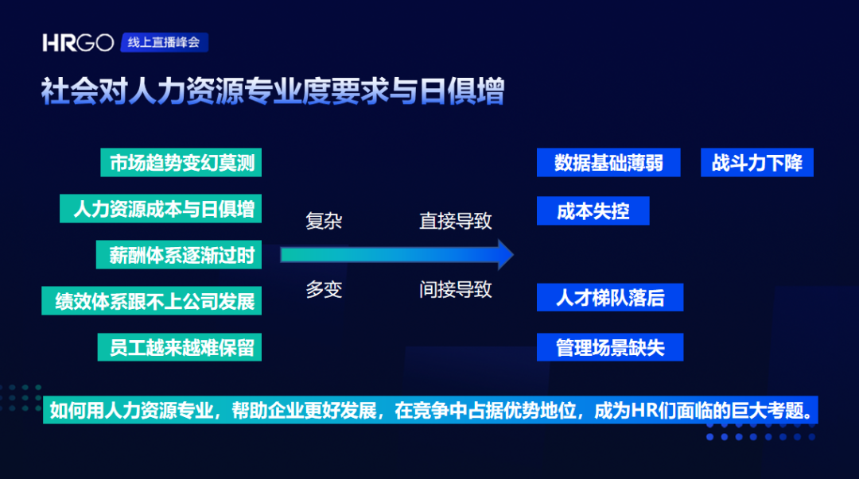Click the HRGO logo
(78, 43)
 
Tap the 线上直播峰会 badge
(164, 43)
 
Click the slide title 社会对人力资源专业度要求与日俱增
(273, 92)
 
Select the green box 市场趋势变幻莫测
(181, 163)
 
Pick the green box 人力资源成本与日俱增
(163, 209)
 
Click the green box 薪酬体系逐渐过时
(181, 255)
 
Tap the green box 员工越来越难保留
(181, 348)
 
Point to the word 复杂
(324, 221)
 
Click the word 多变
(324, 290)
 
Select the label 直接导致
(456, 221)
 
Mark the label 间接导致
(456, 290)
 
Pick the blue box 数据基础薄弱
(608, 163)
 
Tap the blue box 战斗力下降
(757, 163)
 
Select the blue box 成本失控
(593, 211)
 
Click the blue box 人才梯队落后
(610, 298)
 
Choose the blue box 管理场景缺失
(610, 347)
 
